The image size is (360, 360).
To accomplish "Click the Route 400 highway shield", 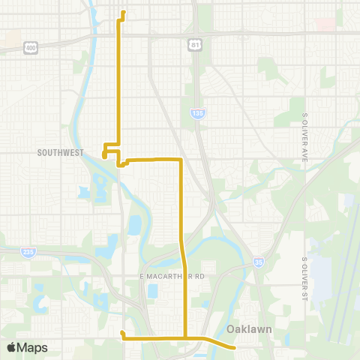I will click(x=30, y=46).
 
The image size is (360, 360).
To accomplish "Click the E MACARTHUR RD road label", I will click(x=172, y=277).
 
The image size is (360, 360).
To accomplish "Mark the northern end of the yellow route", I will click(x=123, y=12).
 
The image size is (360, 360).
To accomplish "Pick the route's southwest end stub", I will click(x=121, y=333).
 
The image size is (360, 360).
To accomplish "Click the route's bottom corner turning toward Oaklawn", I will click(x=184, y=339).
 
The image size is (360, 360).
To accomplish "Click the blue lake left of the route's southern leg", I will click(x=136, y=224).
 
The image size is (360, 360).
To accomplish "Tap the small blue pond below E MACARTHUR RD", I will click(x=152, y=290).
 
